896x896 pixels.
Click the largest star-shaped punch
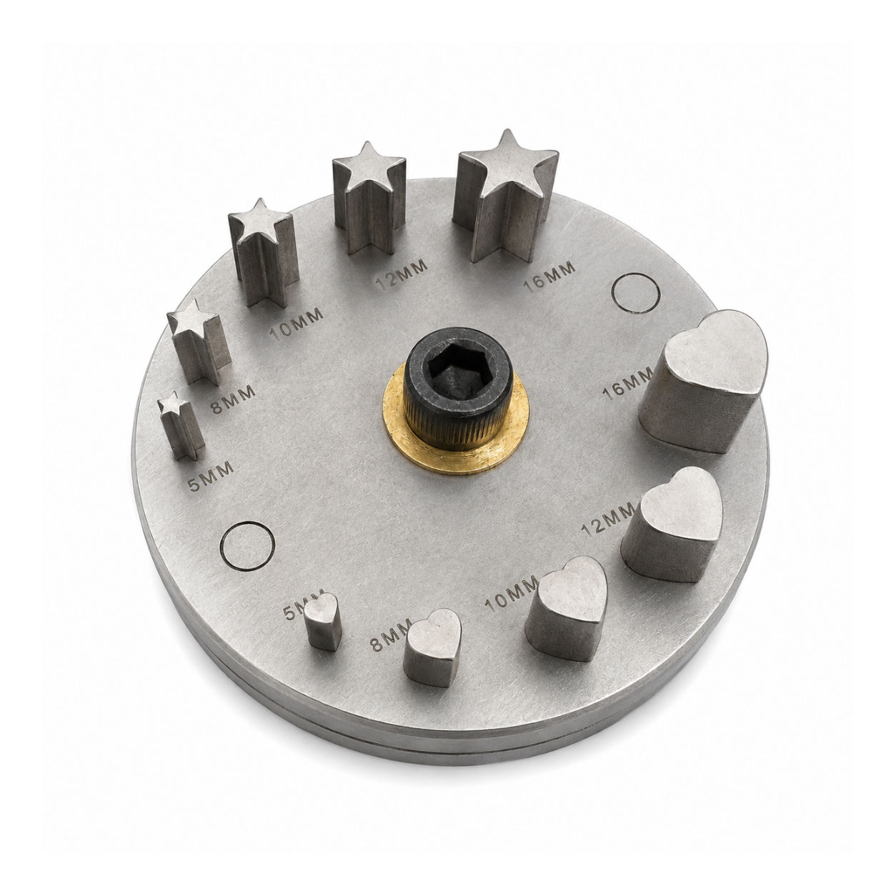pyautogui.click(x=506, y=198)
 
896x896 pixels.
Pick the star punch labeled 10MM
pyautogui.click(x=263, y=254)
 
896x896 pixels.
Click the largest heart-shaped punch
pyautogui.click(x=704, y=382)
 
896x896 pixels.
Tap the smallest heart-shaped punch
pyautogui.click(x=323, y=621)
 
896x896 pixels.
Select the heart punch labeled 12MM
pyautogui.click(x=672, y=524)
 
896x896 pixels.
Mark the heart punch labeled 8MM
pyautogui.click(x=432, y=647)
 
